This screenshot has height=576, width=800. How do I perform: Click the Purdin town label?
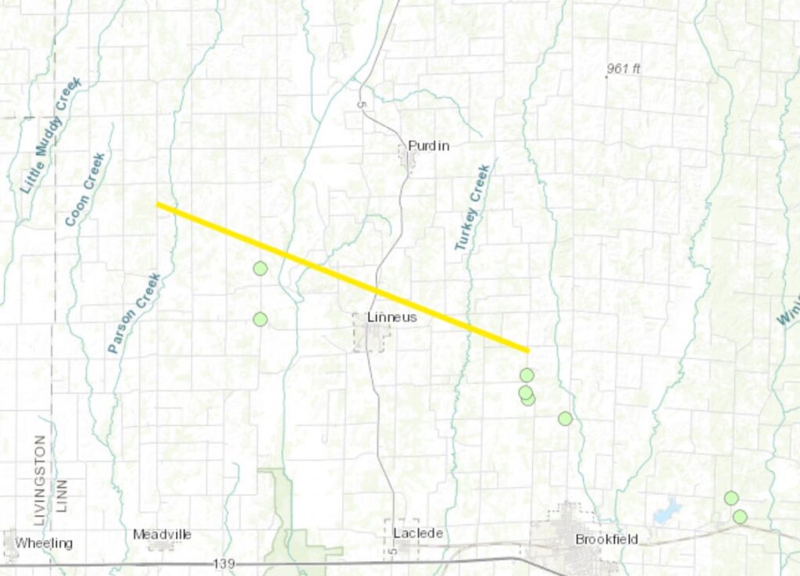(x=429, y=146)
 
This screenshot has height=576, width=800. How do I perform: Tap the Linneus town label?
(x=391, y=318)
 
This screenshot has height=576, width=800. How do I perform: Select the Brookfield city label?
(x=606, y=539)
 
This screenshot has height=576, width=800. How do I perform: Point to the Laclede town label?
(x=419, y=534)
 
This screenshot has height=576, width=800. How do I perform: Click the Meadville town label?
(x=162, y=535)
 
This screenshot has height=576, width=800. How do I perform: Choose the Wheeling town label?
(x=44, y=542)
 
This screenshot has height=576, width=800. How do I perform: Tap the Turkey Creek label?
(x=473, y=207)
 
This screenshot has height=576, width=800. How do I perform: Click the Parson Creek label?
(x=134, y=313)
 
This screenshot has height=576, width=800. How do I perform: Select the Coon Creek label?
(x=85, y=190)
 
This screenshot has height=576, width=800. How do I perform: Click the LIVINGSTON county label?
(x=40, y=473)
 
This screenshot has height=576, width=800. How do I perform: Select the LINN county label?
(x=62, y=496)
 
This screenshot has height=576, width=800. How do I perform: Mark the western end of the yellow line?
(x=159, y=204)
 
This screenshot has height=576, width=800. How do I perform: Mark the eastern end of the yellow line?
(x=527, y=350)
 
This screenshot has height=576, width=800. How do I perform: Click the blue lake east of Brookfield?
(x=667, y=512)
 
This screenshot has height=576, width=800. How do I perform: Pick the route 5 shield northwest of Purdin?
(x=361, y=102)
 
